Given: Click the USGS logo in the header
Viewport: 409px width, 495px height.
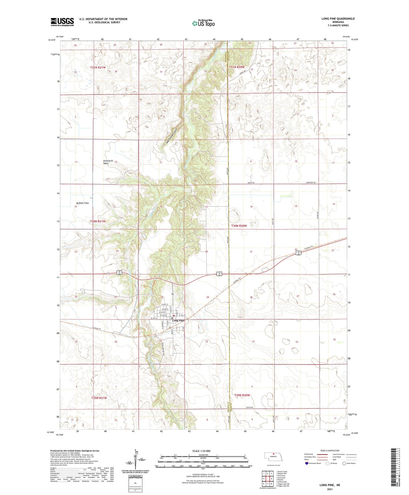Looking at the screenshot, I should pos(62,22).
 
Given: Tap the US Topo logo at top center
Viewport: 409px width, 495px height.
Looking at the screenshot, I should pos(203,23).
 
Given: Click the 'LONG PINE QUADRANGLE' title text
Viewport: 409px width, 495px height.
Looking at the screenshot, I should pos(338,19).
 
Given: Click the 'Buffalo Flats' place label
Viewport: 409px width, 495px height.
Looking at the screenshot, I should pos(82,203).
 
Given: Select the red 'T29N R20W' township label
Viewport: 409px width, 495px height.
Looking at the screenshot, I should pos(242,395).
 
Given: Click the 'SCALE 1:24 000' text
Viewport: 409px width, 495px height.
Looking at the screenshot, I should pos(201,451).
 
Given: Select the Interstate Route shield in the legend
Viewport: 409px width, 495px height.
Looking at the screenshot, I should pos(307,463).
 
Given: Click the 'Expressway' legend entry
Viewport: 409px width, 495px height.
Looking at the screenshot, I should pos(309,454).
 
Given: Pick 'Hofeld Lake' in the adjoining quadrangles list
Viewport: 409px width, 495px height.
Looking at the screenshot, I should pos(282,482).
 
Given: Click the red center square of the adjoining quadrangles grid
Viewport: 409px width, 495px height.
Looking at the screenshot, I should pos(268,479).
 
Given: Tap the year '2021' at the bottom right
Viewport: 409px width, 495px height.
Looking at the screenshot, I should pos(330,489).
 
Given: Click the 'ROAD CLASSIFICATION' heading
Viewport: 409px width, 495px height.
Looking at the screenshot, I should pos(330,450).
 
